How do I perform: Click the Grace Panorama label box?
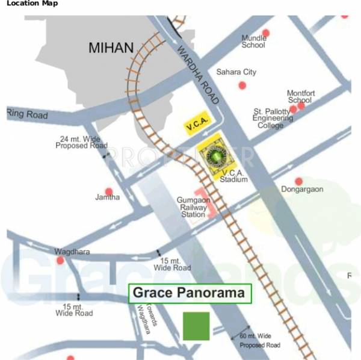click(190, 294)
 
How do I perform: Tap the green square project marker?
click(196, 326)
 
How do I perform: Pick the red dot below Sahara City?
click(242, 85)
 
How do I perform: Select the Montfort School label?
click(301, 96)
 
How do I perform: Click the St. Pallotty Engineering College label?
click(273, 119)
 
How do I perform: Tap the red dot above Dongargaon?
click(298, 181)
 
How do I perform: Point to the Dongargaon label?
click(302, 190)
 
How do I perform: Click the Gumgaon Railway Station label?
click(191, 206)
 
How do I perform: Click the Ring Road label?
click(26, 114)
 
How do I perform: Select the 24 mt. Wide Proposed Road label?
click(81, 142)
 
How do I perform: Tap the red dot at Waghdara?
click(60, 260)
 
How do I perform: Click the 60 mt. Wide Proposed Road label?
click(260, 340)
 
